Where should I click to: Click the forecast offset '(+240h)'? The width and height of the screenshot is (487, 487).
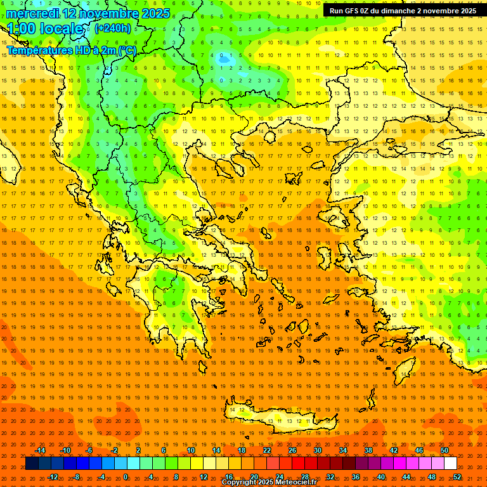[113, 29]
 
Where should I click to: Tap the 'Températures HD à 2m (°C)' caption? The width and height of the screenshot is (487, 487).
[71, 50]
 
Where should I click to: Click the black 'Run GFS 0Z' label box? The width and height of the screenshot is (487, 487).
[403, 11]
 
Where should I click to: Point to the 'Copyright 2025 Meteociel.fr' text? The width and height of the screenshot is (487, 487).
[269, 483]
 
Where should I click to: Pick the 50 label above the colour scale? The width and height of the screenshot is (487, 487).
[445, 450]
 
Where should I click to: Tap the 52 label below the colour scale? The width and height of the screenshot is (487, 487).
[457, 477]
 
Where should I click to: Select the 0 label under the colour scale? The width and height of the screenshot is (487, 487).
[126, 477]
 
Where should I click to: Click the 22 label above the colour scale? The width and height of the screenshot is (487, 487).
[267, 450]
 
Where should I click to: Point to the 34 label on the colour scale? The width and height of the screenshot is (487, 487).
[343, 450]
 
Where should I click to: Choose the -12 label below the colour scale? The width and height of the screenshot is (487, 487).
[53, 477]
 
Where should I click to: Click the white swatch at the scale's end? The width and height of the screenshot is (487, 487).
[451, 464]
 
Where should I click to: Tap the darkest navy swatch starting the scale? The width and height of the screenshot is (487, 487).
[32, 464]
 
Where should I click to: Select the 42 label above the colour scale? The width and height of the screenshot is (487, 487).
[394, 450]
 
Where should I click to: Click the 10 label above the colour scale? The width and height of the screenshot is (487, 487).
[191, 450]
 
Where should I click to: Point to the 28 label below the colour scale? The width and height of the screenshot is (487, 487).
[305, 477]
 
